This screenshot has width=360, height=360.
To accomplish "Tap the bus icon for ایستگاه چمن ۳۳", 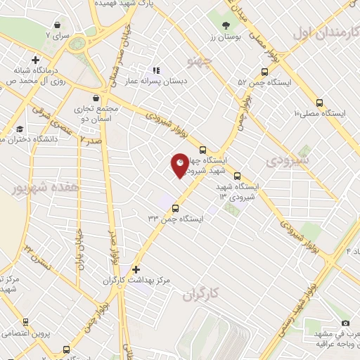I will click(x=175, y=208).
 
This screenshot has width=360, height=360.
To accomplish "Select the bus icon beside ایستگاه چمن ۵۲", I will click(x=264, y=72).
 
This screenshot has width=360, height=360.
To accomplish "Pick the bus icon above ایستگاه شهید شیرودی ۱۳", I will click(x=236, y=176).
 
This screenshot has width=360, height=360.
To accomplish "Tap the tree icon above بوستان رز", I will click(x=225, y=26).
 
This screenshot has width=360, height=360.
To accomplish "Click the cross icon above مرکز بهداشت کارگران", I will click(x=136, y=269).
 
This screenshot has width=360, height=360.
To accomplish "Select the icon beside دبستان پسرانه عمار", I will click(x=156, y=70).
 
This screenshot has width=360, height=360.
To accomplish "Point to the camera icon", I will click(x=345, y=323).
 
